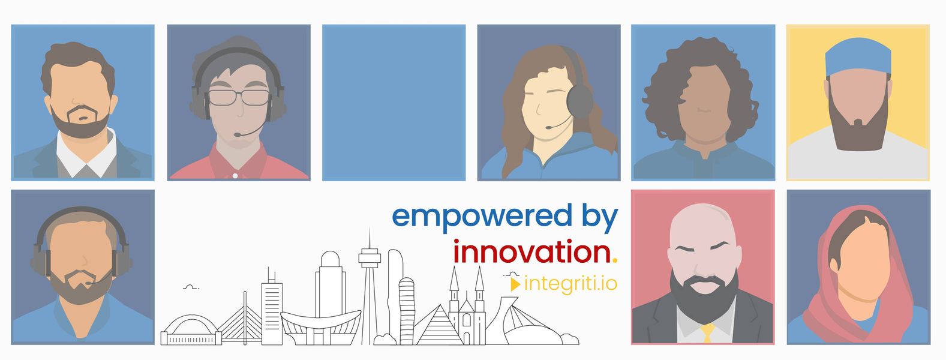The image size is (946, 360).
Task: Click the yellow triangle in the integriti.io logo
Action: (515, 284)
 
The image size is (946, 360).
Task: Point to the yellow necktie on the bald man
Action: (707, 332)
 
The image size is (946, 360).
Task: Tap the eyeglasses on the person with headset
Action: (239, 98)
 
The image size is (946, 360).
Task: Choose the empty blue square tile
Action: (394, 103)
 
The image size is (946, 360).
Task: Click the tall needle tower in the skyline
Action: (370, 287)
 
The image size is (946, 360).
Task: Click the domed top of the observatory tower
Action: (330, 259)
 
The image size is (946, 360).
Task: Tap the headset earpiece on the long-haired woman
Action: (579, 100)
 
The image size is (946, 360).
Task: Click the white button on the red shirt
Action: (235, 175)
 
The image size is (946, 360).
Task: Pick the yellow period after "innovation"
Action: (614, 260)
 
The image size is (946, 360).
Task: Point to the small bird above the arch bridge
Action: (191, 287)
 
